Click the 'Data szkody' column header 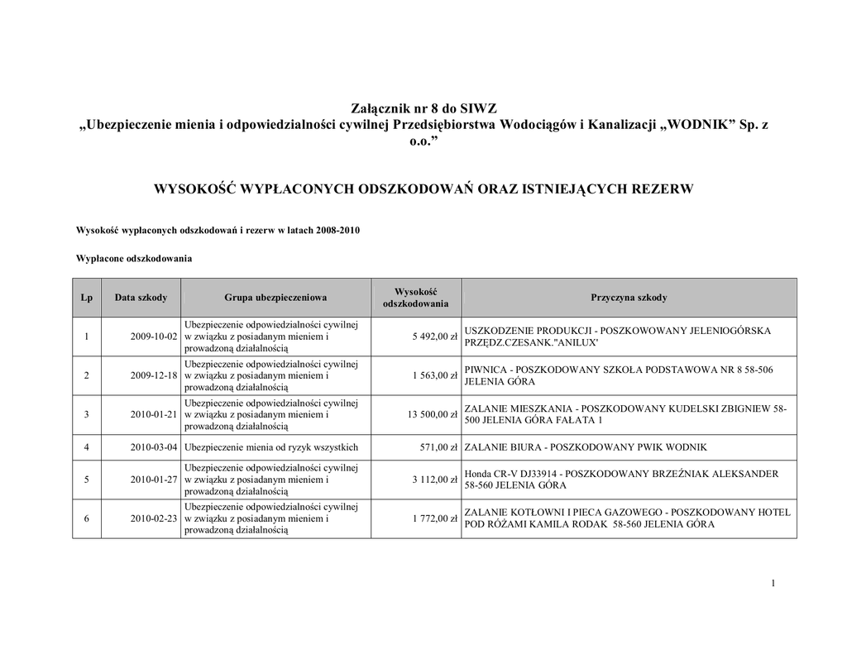141,298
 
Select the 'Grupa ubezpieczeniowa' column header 275,298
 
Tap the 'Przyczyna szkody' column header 629,298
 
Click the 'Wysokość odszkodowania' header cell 415,298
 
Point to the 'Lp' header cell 86,298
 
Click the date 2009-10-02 155,337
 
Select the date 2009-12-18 155,375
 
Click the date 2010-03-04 155,447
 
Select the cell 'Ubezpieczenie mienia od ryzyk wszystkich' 271,447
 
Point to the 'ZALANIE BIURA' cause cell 586,447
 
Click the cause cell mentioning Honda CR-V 621,480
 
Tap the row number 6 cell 86,518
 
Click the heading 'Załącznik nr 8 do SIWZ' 423,108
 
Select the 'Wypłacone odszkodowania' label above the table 134,259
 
